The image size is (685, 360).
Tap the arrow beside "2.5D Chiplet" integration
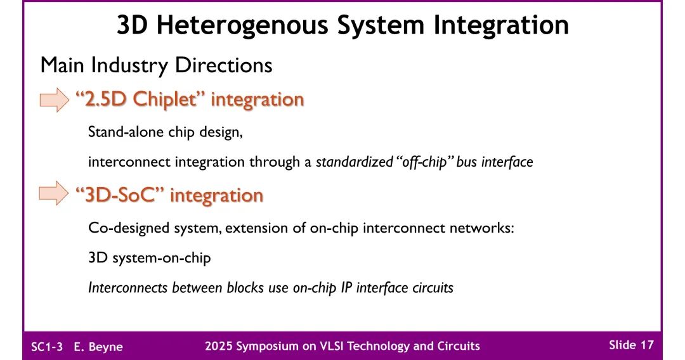(54, 100)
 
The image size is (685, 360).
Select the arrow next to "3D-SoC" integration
(54, 194)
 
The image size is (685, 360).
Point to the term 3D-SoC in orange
(120, 195)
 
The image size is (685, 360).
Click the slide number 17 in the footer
(646, 345)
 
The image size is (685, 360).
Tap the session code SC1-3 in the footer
(48, 346)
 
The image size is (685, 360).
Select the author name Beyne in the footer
(107, 346)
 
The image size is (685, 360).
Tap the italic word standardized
(354, 162)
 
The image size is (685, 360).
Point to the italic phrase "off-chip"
(422, 162)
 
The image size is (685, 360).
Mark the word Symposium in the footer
(264, 346)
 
